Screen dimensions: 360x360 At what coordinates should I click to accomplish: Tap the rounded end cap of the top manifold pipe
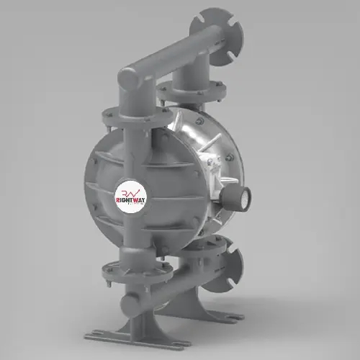pyautogui.click(x=128, y=77)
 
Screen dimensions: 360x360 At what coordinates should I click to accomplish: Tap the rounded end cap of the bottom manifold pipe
pyautogui.click(x=129, y=301)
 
